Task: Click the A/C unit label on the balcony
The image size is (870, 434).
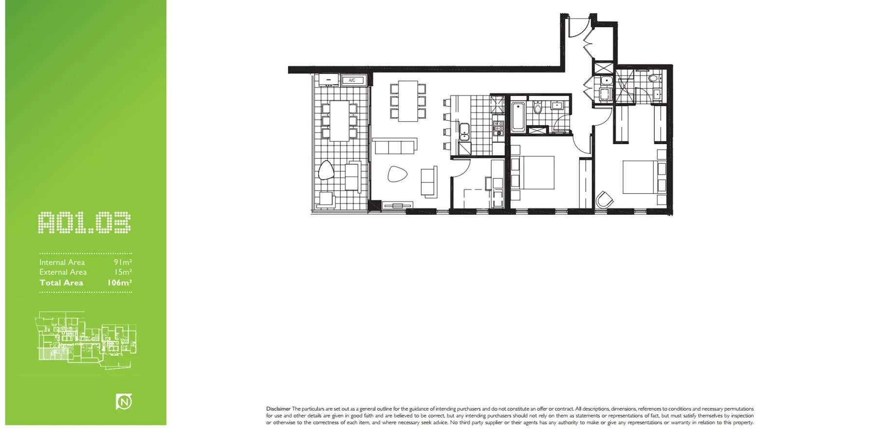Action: click(x=352, y=80)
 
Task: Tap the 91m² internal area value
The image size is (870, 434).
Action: click(x=123, y=262)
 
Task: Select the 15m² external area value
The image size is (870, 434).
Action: click(x=123, y=272)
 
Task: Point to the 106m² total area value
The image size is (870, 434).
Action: click(x=120, y=283)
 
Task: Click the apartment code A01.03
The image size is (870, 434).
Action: click(x=85, y=223)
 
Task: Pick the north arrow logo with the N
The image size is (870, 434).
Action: click(x=124, y=402)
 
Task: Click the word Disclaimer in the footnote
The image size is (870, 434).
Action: click(x=278, y=409)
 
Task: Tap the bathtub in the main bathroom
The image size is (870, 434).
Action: click(x=518, y=116)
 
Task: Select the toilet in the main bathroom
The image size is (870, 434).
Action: click(x=537, y=107)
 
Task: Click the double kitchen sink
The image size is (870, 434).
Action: click(x=464, y=132)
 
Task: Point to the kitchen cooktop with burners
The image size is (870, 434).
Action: click(x=498, y=128)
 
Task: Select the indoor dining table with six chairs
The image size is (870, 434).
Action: click(x=408, y=101)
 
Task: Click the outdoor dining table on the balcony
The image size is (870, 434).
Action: click(x=339, y=120)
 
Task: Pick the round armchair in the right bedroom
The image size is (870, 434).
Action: click(x=605, y=200)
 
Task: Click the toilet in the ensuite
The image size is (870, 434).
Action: click(x=653, y=78)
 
